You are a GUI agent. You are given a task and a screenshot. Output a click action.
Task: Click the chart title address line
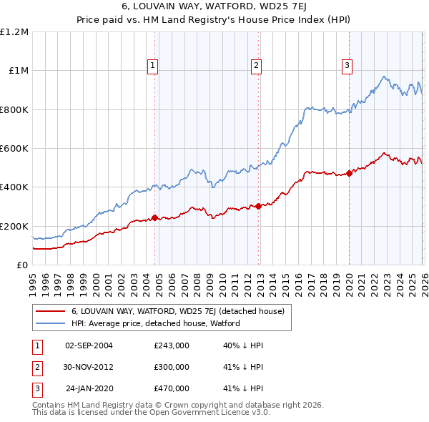pos(214,7)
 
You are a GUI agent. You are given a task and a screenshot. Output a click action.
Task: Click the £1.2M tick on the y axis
pos(15,32)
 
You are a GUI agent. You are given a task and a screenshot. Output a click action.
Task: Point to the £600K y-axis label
pos(15,149)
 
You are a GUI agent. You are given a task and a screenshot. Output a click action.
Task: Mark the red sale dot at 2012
pos(258,207)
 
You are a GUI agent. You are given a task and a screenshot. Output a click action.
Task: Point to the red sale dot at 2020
pos(349,173)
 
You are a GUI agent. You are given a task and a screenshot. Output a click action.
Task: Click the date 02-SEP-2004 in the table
pos(89,345)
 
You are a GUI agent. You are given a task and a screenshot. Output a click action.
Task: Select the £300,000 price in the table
pos(171,367)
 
